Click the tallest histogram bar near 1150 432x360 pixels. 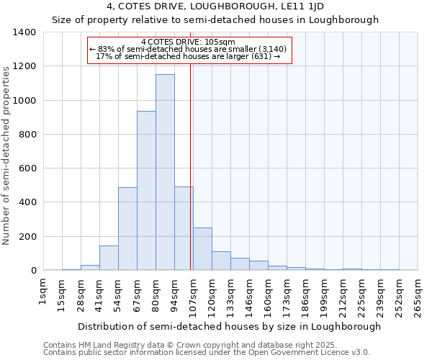(165, 173)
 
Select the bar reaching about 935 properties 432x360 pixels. (146, 191)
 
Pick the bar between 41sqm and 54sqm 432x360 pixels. (109, 258)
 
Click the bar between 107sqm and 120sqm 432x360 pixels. (202, 249)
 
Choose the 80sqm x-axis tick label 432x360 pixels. (156, 293)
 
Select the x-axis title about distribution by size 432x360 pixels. (229, 326)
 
